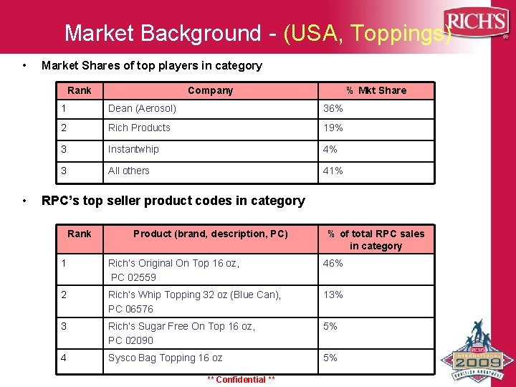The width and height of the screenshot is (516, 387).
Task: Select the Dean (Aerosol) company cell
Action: point(142,108)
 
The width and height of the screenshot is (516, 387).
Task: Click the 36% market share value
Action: point(333,108)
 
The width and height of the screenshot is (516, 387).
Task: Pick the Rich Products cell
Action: point(139,128)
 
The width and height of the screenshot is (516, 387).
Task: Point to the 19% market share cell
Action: point(333,128)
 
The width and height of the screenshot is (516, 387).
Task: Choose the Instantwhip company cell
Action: point(133,149)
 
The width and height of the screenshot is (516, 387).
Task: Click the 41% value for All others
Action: point(333,171)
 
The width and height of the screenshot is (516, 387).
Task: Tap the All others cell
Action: point(129,171)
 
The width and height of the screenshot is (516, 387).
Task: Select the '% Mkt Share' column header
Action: point(376,90)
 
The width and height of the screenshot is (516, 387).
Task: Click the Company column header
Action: point(210,90)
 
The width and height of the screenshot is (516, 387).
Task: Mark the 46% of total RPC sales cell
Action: point(333,263)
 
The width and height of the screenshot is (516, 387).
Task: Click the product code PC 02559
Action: point(133,277)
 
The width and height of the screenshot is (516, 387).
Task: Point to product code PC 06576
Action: point(131,309)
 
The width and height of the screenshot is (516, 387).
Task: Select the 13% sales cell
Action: point(333,295)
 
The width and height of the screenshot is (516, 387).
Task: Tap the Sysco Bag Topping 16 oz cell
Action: point(165,358)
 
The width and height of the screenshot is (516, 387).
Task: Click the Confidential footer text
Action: point(241,379)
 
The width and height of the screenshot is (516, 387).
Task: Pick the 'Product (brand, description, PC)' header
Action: point(211,234)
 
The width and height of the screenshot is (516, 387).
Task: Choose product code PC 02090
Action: point(131,340)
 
